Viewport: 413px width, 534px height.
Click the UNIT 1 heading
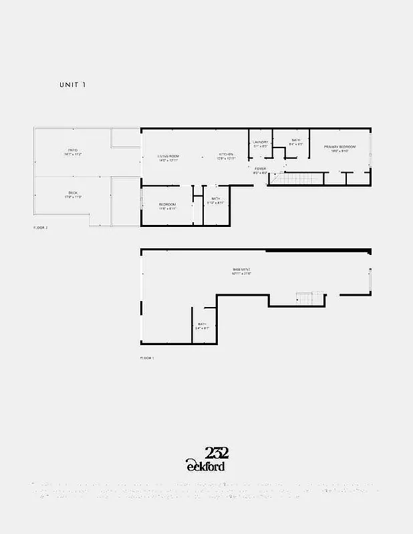72,85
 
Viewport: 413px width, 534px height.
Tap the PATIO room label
73,150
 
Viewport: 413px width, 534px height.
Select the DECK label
73,193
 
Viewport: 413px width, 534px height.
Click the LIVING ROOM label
168,156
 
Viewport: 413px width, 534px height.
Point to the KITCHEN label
227,156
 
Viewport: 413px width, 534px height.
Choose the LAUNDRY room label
260,142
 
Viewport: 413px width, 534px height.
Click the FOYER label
260,169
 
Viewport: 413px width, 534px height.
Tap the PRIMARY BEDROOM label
339,147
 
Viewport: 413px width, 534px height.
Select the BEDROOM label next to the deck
167,204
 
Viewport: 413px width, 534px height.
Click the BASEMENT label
241,270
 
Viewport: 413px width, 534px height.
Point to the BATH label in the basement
202,324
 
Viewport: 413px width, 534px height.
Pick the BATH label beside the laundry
295,140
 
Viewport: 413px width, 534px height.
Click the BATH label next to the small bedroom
216,198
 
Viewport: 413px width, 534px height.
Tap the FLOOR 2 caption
41,228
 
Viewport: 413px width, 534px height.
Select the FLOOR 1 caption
147,358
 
